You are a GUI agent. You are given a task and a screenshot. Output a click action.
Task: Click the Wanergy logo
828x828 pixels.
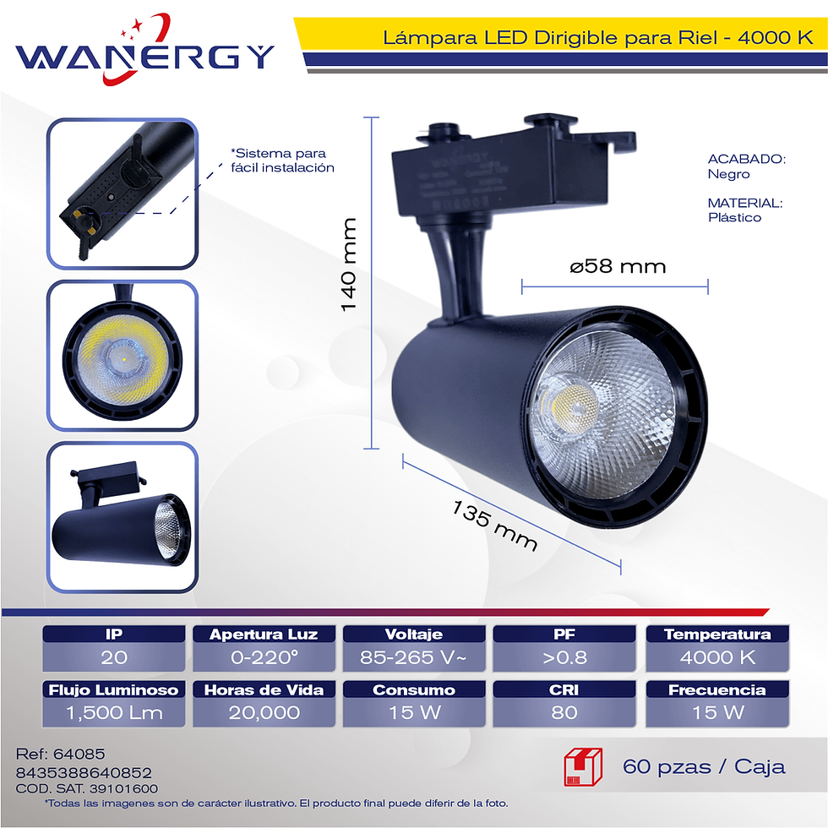tap(144, 50)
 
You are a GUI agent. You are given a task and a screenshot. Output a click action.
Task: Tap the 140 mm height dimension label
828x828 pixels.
tap(348, 264)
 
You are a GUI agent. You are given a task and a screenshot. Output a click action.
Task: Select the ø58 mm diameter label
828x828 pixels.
tap(618, 266)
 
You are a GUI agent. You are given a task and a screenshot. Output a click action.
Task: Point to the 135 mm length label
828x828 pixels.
tap(495, 526)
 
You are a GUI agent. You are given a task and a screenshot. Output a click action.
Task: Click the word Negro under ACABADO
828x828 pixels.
tap(728, 174)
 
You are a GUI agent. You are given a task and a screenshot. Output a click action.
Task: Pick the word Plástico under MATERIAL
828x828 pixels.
tap(734, 218)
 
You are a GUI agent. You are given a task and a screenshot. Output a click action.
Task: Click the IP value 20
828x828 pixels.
tap(114, 657)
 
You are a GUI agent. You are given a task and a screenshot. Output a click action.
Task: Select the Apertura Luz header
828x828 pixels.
tap(264, 635)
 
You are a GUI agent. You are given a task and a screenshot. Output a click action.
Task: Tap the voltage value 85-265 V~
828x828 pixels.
tap(413, 657)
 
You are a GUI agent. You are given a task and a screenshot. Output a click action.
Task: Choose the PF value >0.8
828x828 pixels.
tap(564, 657)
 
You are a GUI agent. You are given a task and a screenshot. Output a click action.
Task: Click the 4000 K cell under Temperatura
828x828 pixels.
tap(717, 657)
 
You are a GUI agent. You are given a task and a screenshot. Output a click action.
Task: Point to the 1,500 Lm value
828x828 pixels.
tap(114, 713)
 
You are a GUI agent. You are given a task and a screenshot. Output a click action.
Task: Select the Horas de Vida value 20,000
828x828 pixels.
tap(264, 713)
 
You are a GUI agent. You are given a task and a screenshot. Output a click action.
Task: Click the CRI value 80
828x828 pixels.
tap(564, 713)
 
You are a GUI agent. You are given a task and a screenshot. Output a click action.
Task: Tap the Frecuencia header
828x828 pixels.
tap(717, 689)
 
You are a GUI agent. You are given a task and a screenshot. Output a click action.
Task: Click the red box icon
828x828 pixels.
tap(583, 767)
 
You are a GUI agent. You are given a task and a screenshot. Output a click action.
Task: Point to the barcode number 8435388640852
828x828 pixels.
tap(84, 772)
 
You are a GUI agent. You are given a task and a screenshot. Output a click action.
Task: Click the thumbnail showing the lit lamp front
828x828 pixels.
tap(123, 356)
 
